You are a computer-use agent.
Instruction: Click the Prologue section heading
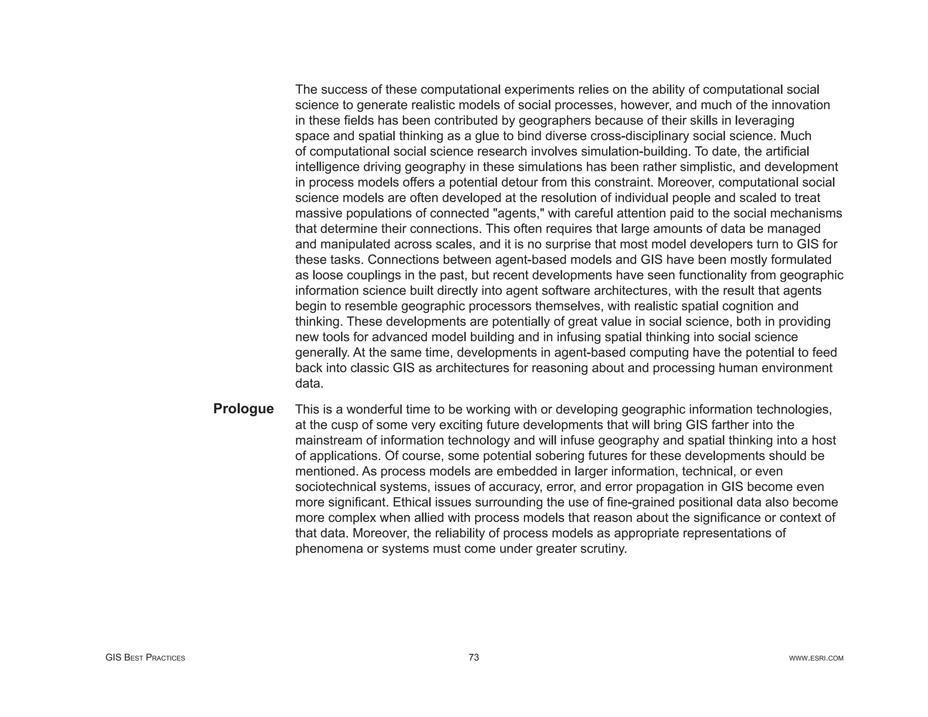point(243,409)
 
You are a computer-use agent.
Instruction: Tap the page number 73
point(474,657)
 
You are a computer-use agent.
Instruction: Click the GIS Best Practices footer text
point(145,658)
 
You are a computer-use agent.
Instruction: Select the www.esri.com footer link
point(816,658)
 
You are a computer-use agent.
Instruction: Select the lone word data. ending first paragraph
point(309,383)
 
